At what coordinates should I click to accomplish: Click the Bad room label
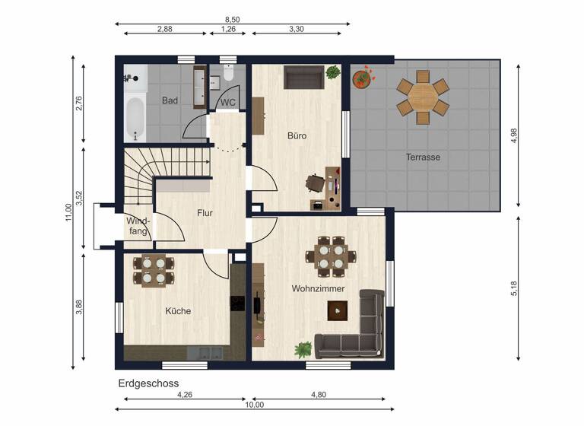pyautogui.click(x=170, y=100)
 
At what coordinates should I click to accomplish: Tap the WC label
pyautogui.click(x=227, y=103)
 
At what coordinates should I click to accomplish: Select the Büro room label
pyautogui.click(x=297, y=136)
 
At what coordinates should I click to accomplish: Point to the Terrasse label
pyautogui.click(x=423, y=157)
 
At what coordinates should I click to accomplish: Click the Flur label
pyautogui.click(x=205, y=213)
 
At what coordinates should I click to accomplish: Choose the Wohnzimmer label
pyautogui.click(x=318, y=289)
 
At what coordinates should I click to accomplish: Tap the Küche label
pyautogui.click(x=178, y=310)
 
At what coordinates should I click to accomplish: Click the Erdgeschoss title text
pyautogui.click(x=148, y=383)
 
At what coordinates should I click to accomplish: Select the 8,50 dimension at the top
pyautogui.click(x=233, y=18)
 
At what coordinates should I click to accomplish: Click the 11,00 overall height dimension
pyautogui.click(x=68, y=213)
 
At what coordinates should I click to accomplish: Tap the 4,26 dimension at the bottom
pyautogui.click(x=184, y=395)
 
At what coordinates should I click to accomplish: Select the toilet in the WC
pyautogui.click(x=227, y=73)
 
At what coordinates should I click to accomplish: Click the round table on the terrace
pyautogui.click(x=423, y=97)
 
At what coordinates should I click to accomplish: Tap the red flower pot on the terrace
pyautogui.click(x=361, y=78)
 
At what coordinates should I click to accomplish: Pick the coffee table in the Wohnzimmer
pyautogui.click(x=337, y=310)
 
